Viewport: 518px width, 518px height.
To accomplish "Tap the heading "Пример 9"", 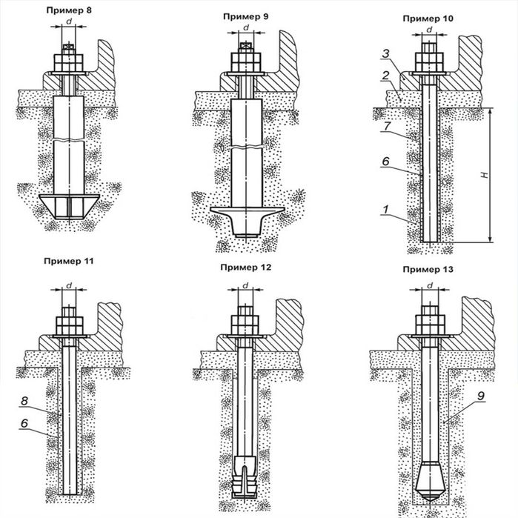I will tap(245, 14).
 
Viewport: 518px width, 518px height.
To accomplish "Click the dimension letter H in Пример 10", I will tap(482, 175).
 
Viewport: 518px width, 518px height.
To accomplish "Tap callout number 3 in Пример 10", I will tap(387, 54).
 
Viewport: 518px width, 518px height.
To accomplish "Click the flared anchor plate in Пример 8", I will tap(68, 205).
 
